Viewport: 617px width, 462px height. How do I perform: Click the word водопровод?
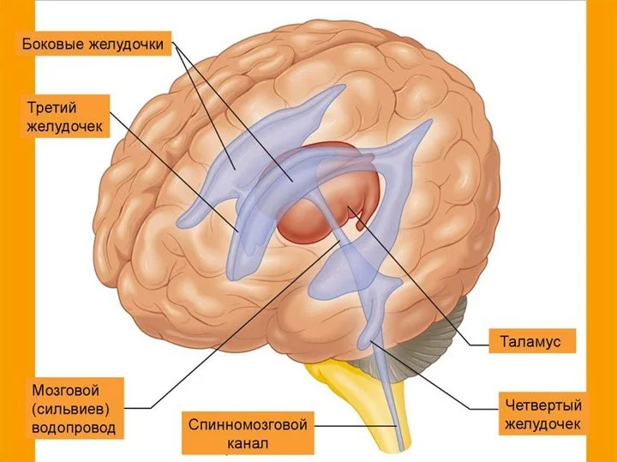click(x=71, y=426)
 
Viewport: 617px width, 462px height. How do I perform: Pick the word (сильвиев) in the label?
click(x=70, y=406)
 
